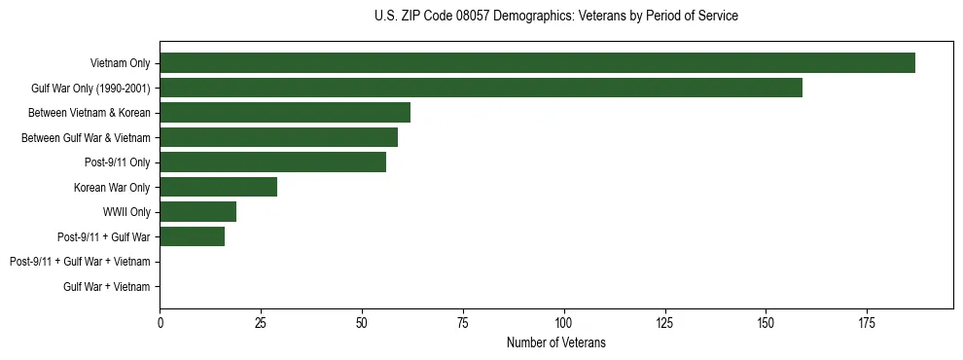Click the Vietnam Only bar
pos(537,63)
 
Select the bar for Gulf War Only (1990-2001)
pos(481,88)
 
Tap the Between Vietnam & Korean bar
pos(285,112)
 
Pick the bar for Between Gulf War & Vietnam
pos(278,137)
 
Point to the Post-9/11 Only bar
pos(272,162)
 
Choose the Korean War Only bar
pos(218,187)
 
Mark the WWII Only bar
pos(197,211)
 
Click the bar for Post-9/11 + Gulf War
pos(192,236)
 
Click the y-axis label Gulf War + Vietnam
pos(107,286)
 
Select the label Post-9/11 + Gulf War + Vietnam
pos(80,262)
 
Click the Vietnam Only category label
pos(120,63)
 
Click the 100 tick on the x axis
pos(564,321)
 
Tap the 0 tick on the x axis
pos(160,321)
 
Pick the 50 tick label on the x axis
pos(362,321)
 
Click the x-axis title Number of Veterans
pos(556,342)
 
